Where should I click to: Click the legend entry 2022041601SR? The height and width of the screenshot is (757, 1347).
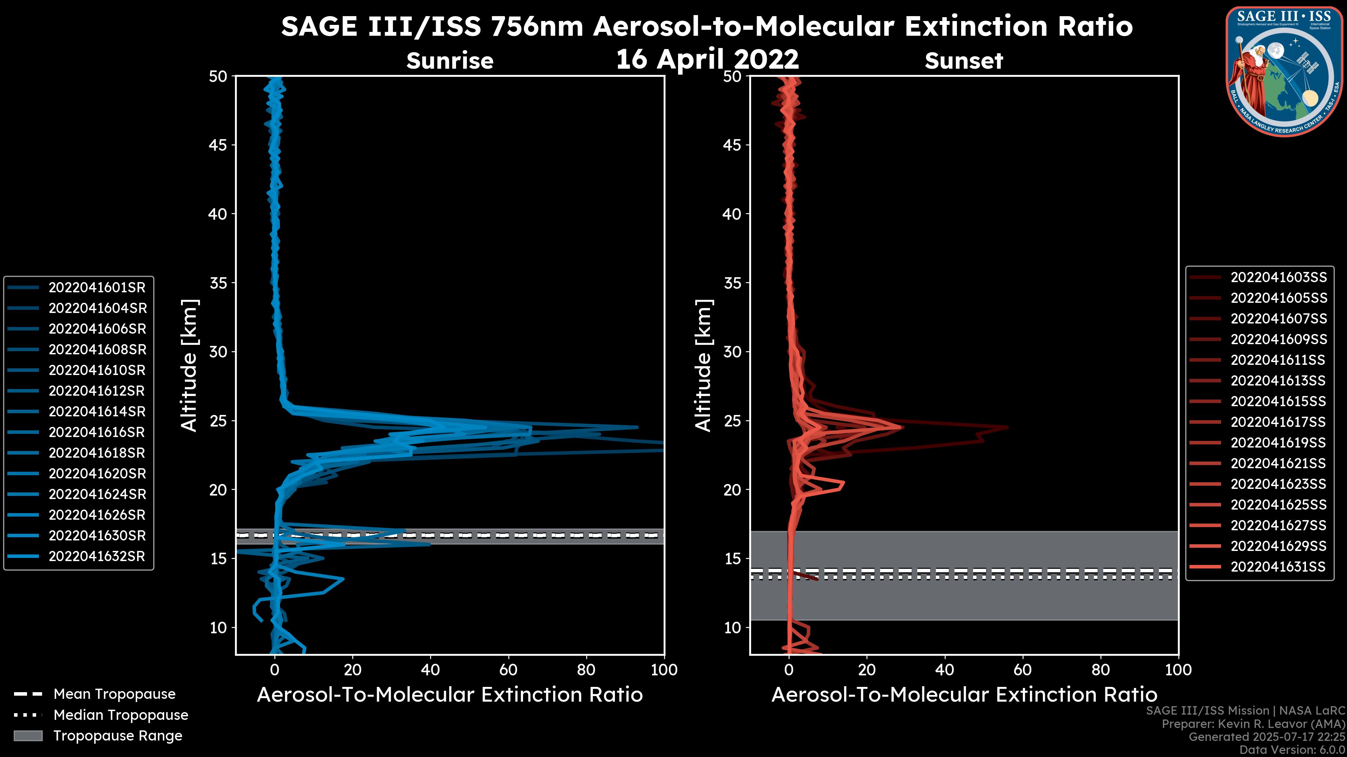coord(97,287)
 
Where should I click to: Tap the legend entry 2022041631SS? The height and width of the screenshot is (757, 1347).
coord(1279,566)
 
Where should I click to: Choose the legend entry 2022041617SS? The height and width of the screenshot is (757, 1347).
coord(1279,422)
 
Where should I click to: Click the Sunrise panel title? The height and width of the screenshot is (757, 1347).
coord(450,61)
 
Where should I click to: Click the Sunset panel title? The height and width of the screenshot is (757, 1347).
coord(964,61)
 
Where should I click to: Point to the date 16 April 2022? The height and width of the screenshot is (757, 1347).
coord(707,59)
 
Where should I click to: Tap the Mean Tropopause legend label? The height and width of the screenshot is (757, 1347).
coord(114,694)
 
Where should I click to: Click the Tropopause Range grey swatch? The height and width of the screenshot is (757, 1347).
coord(28,736)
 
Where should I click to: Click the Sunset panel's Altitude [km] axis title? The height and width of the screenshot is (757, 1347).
coord(704,365)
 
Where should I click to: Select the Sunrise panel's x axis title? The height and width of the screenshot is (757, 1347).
coord(450,695)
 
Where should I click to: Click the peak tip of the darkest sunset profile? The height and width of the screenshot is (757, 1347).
coord(1007,427)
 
